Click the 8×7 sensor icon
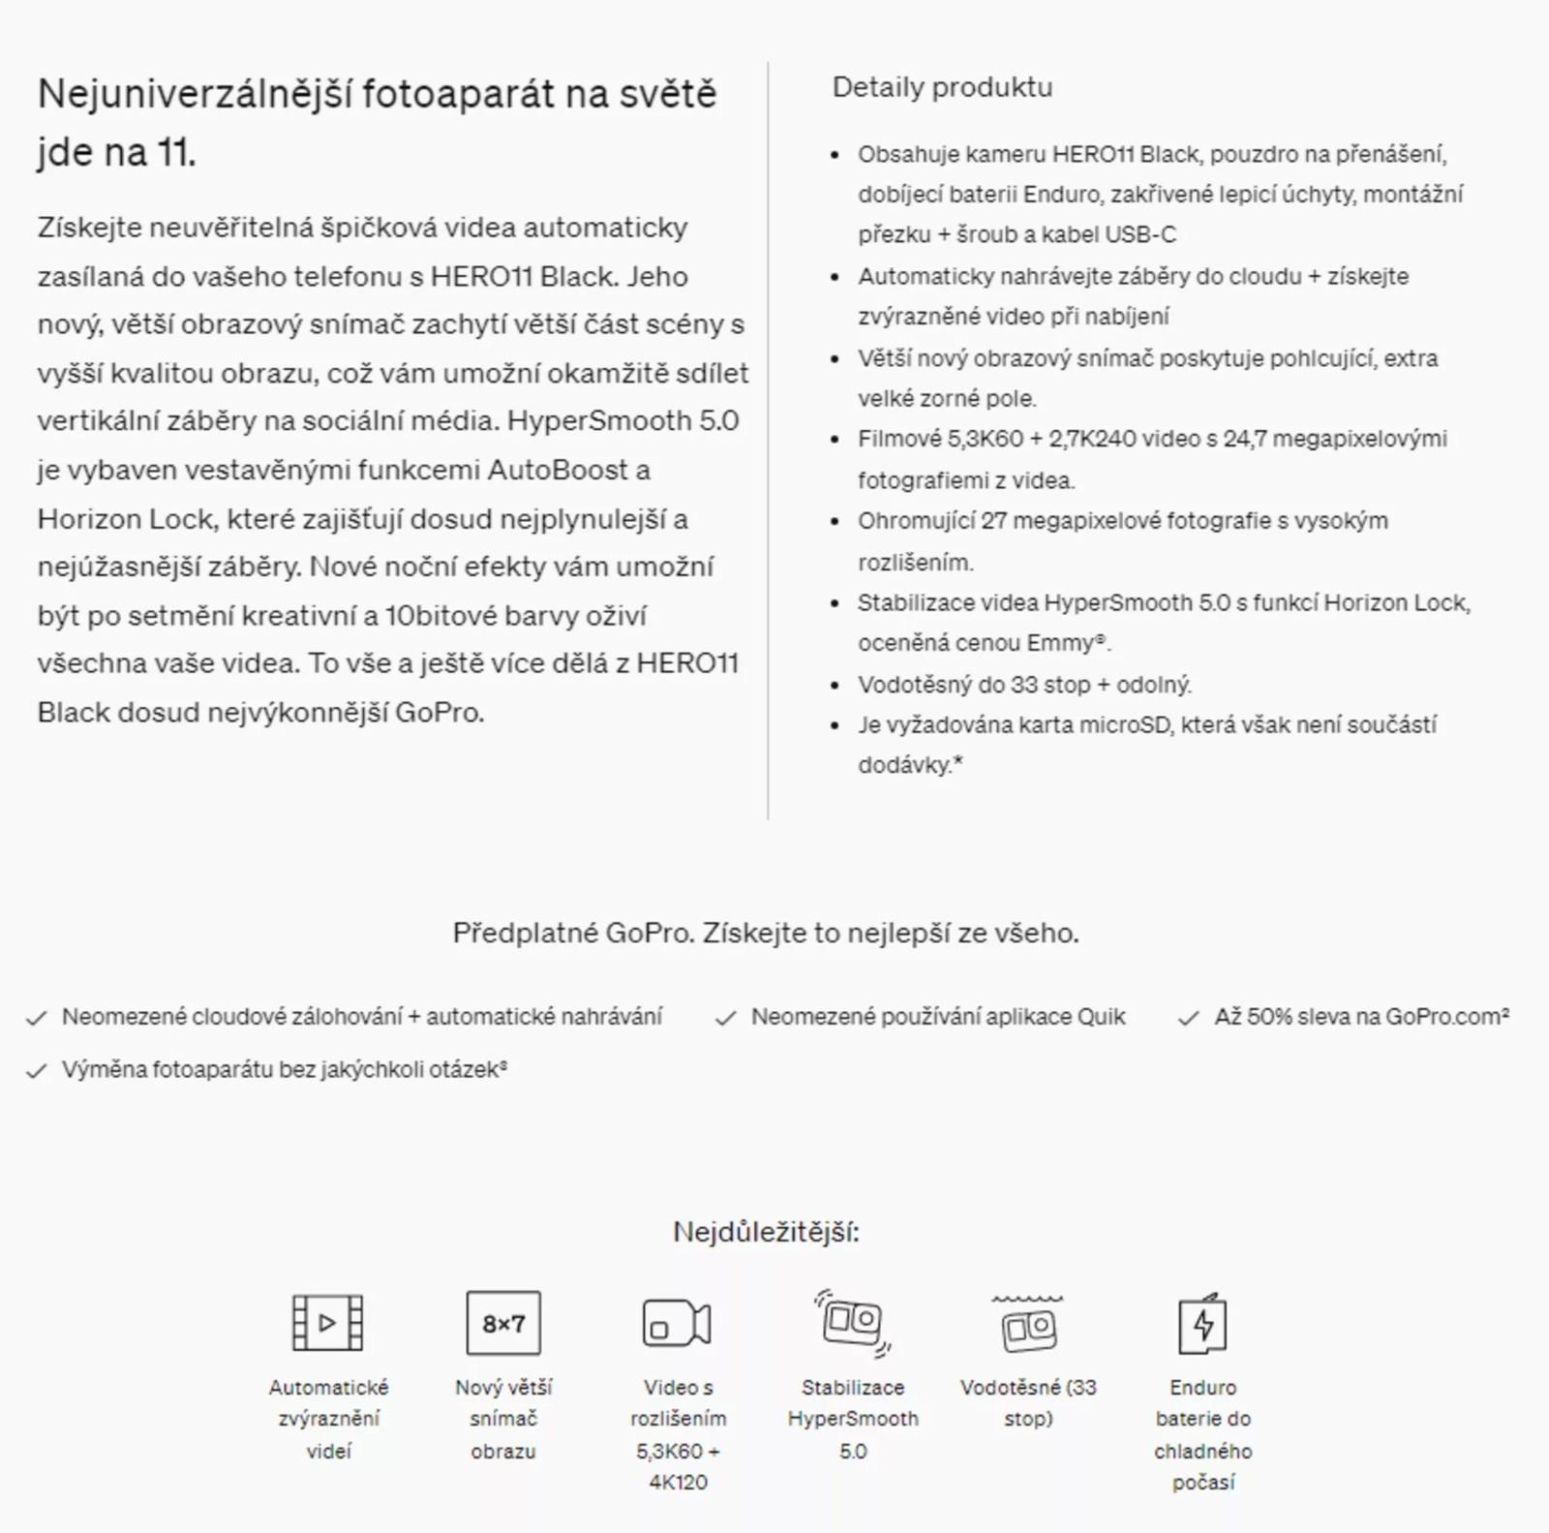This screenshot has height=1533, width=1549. click(503, 1323)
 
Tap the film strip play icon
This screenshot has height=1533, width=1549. click(327, 1323)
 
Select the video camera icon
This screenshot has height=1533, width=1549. click(677, 1324)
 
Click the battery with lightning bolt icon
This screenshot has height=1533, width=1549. click(1202, 1324)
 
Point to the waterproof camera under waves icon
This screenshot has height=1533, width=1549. click(1027, 1324)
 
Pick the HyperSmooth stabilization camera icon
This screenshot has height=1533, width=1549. click(852, 1322)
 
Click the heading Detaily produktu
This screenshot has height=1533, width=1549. click(942, 87)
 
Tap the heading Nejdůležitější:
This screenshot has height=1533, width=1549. click(766, 1232)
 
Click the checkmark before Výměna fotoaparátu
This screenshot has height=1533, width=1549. click(37, 1071)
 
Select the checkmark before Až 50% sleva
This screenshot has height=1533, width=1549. click(1188, 1019)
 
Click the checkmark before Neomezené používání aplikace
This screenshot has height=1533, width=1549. click(725, 1019)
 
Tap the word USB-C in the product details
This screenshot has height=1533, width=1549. click(1140, 234)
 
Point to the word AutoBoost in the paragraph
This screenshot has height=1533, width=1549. click(558, 471)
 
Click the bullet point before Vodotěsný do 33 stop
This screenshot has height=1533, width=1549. click(835, 686)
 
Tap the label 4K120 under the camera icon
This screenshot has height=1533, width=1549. click(678, 1483)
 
